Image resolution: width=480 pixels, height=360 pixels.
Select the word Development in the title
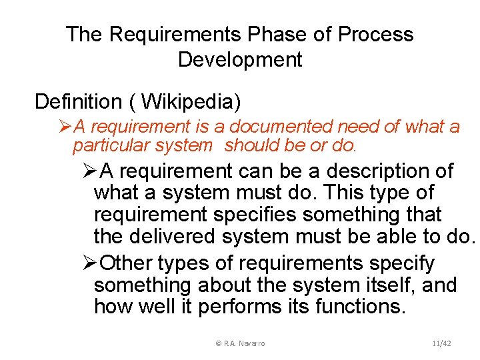(x=240, y=60)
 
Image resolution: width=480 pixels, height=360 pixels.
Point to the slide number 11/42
(x=441, y=343)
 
